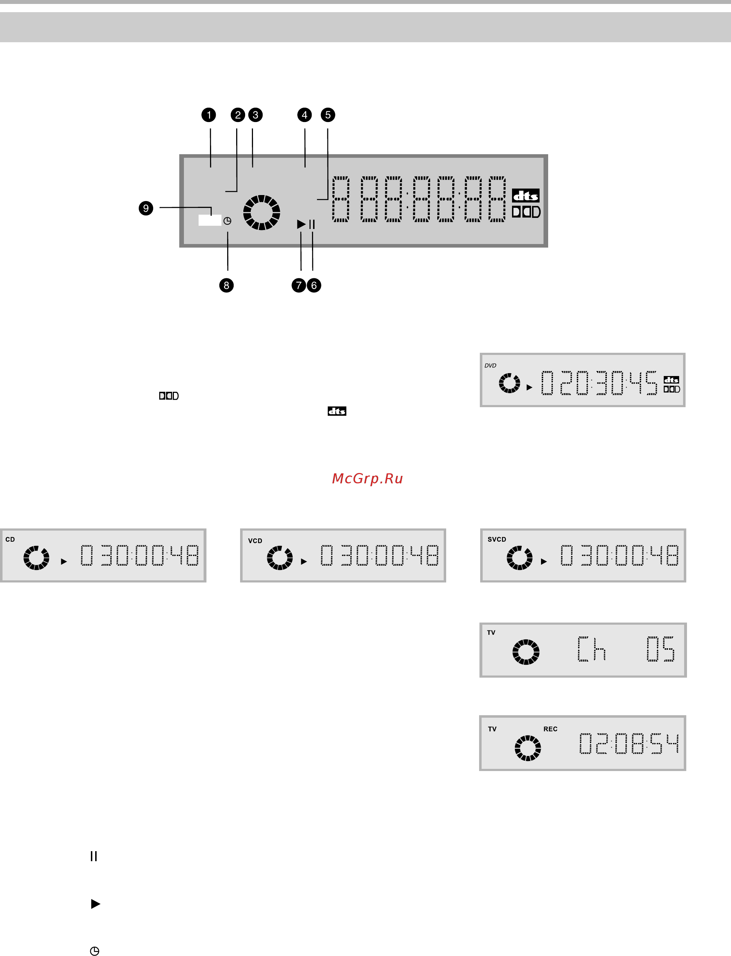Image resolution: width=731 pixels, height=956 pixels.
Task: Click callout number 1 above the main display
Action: pyautogui.click(x=209, y=115)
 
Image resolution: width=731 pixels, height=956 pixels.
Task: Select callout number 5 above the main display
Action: pyautogui.click(x=328, y=115)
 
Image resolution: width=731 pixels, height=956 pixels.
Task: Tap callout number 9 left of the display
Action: pyautogui.click(x=146, y=208)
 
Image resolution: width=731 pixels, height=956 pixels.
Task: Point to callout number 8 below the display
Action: pyautogui.click(x=226, y=286)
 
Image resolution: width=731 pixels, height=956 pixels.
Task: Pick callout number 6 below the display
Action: pyautogui.click(x=314, y=286)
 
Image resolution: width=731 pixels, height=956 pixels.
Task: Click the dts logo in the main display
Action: pyautogui.click(x=526, y=196)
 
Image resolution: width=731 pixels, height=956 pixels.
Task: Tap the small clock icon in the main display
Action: pyautogui.click(x=227, y=221)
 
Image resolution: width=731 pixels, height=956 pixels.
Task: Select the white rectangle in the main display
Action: pyautogui.click(x=210, y=220)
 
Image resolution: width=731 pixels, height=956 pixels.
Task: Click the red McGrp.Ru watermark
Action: pyautogui.click(x=367, y=478)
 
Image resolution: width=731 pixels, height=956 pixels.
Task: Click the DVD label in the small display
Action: pyautogui.click(x=491, y=366)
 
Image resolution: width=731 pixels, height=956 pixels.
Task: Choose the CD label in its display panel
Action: pyautogui.click(x=10, y=539)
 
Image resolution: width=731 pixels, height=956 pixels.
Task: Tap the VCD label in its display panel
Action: pyautogui.click(x=255, y=541)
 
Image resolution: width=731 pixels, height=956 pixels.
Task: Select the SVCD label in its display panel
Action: pyautogui.click(x=497, y=539)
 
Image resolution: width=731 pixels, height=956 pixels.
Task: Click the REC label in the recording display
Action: pyautogui.click(x=550, y=729)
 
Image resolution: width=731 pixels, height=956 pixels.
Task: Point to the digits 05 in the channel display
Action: pyautogui.click(x=660, y=649)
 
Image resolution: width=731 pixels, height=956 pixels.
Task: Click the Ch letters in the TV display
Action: pyautogui.click(x=591, y=649)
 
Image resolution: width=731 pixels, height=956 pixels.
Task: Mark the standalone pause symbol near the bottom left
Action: pyautogui.click(x=93, y=856)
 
